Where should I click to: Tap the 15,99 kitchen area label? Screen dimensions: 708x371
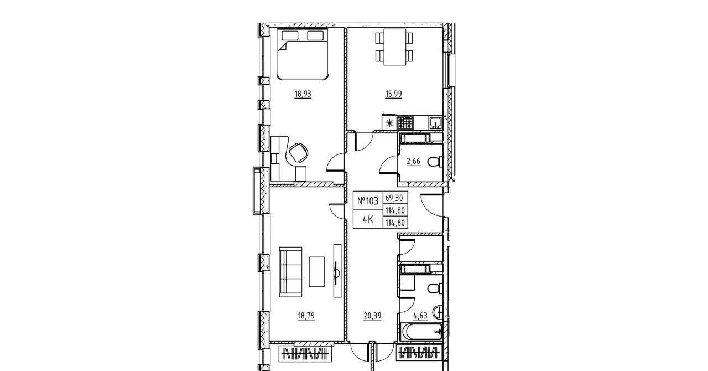(393, 94)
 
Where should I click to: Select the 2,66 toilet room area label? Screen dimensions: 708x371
(413, 162)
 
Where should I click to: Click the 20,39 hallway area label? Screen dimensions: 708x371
(373, 316)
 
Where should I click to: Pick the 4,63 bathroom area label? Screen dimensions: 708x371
(420, 316)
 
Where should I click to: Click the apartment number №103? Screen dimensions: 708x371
(368, 201)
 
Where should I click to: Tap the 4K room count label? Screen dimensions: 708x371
(368, 219)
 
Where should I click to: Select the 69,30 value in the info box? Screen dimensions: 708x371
(394, 198)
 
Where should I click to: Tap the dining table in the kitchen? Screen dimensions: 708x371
(394, 47)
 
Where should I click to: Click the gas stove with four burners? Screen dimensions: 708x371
(405, 123)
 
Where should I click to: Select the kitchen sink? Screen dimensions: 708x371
(436, 123)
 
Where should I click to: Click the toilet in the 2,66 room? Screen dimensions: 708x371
(435, 162)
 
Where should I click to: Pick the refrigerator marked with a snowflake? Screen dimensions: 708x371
(389, 122)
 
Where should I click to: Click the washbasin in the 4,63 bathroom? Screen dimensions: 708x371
(438, 313)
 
